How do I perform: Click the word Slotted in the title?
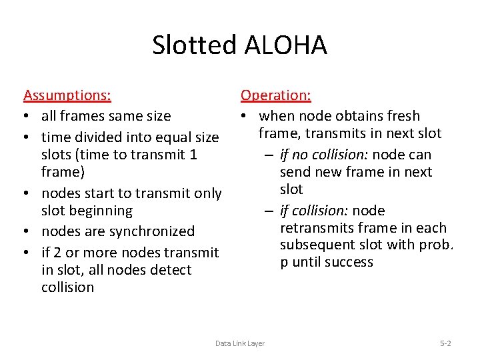[x=195, y=45]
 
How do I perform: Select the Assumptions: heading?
[x=67, y=95]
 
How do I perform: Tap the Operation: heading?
[x=275, y=95]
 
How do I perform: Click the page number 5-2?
[x=445, y=343]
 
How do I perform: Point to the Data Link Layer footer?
[x=240, y=343]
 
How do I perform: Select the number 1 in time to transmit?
[x=193, y=155]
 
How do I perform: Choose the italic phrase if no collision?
[x=324, y=155]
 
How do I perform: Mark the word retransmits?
[x=317, y=228]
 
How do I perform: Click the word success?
[x=350, y=263]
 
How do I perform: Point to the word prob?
[x=436, y=245]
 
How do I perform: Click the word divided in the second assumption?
[x=97, y=137]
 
